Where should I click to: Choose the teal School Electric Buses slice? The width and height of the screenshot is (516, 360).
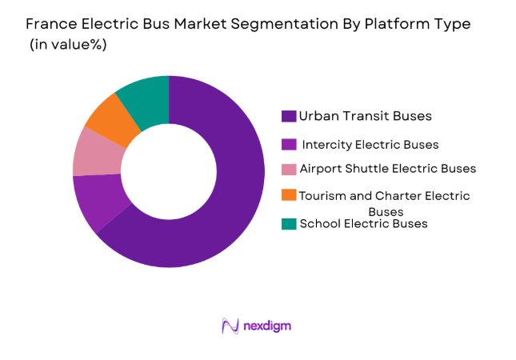tap(144, 94)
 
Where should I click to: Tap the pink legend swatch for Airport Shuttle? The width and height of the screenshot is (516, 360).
tap(290, 170)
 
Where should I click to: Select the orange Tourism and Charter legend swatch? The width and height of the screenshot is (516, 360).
tap(290, 195)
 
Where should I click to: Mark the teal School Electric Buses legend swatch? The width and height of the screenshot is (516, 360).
tap(290, 224)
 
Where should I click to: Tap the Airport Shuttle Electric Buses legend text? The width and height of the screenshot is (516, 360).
tap(387, 169)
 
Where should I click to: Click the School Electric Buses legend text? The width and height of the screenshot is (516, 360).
tap(363, 224)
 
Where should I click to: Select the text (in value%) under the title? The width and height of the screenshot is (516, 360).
tap(68, 45)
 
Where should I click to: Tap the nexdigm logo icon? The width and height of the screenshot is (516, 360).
tap(230, 326)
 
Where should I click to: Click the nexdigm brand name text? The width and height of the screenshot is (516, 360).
tap(268, 326)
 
